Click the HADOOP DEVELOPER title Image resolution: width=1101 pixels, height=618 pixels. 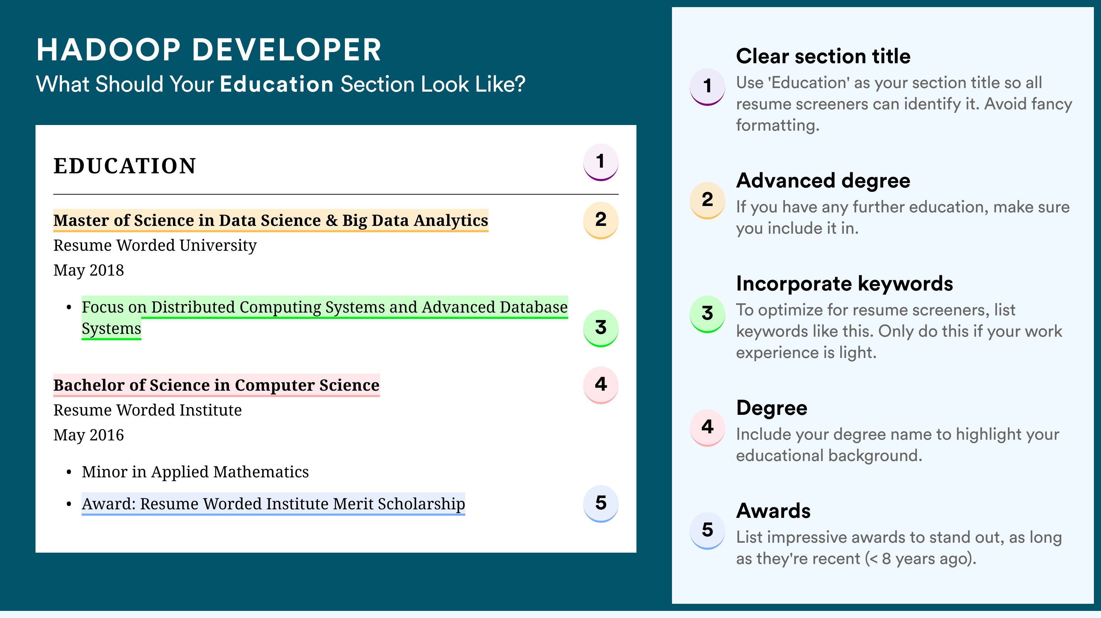[208, 50]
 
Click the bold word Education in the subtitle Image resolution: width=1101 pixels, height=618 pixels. [277, 84]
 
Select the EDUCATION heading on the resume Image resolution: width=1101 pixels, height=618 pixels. [124, 166]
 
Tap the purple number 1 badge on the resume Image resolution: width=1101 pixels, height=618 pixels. [601, 162]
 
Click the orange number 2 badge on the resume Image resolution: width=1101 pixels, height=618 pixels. [601, 220]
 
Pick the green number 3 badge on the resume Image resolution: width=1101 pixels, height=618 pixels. [601, 328]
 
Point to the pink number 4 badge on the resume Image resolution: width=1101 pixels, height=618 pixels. [601, 385]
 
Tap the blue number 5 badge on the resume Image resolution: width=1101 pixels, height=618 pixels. [601, 504]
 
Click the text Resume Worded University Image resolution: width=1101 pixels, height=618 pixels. [155, 246]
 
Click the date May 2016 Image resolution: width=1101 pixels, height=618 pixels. [88, 435]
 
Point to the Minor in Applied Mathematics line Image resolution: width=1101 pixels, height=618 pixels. [195, 472]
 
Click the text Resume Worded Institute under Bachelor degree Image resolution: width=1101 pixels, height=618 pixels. [147, 410]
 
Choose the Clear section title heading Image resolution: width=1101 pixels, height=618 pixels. [823, 56]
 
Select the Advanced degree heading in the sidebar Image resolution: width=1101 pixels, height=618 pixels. [823, 181]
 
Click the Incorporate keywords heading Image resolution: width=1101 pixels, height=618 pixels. [845, 284]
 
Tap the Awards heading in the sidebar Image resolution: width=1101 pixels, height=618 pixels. [773, 511]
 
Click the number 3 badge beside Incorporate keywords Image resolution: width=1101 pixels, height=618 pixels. [707, 314]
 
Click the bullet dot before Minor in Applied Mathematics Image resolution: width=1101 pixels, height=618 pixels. [69, 472]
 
